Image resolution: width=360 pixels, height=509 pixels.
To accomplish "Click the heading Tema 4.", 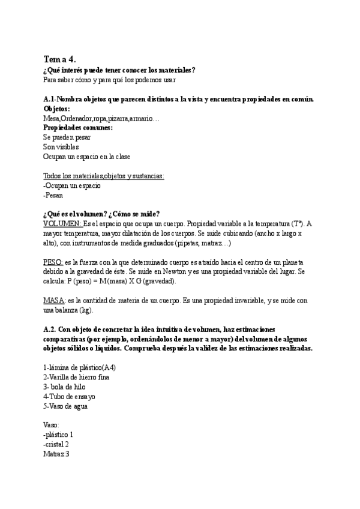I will [60, 59].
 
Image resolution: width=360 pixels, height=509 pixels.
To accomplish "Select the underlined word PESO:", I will [53, 262].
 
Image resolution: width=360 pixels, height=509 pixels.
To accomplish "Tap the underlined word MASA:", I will [53, 301].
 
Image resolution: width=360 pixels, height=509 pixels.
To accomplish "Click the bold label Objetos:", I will [57, 109].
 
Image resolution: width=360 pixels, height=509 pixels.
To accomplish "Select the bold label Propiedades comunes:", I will [78, 128].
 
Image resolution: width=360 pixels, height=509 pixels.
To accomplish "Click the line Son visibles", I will [61, 146].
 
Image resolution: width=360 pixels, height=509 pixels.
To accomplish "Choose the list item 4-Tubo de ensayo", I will [69, 396].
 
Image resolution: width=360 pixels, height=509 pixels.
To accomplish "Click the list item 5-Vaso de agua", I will [65, 406].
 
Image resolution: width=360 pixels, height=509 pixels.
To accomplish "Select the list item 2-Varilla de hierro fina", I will [76, 377].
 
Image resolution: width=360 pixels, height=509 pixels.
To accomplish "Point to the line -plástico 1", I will [59, 435].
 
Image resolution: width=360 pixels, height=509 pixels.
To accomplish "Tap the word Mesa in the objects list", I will [51, 118].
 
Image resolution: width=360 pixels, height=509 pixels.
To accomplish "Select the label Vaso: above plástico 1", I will [52, 425].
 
